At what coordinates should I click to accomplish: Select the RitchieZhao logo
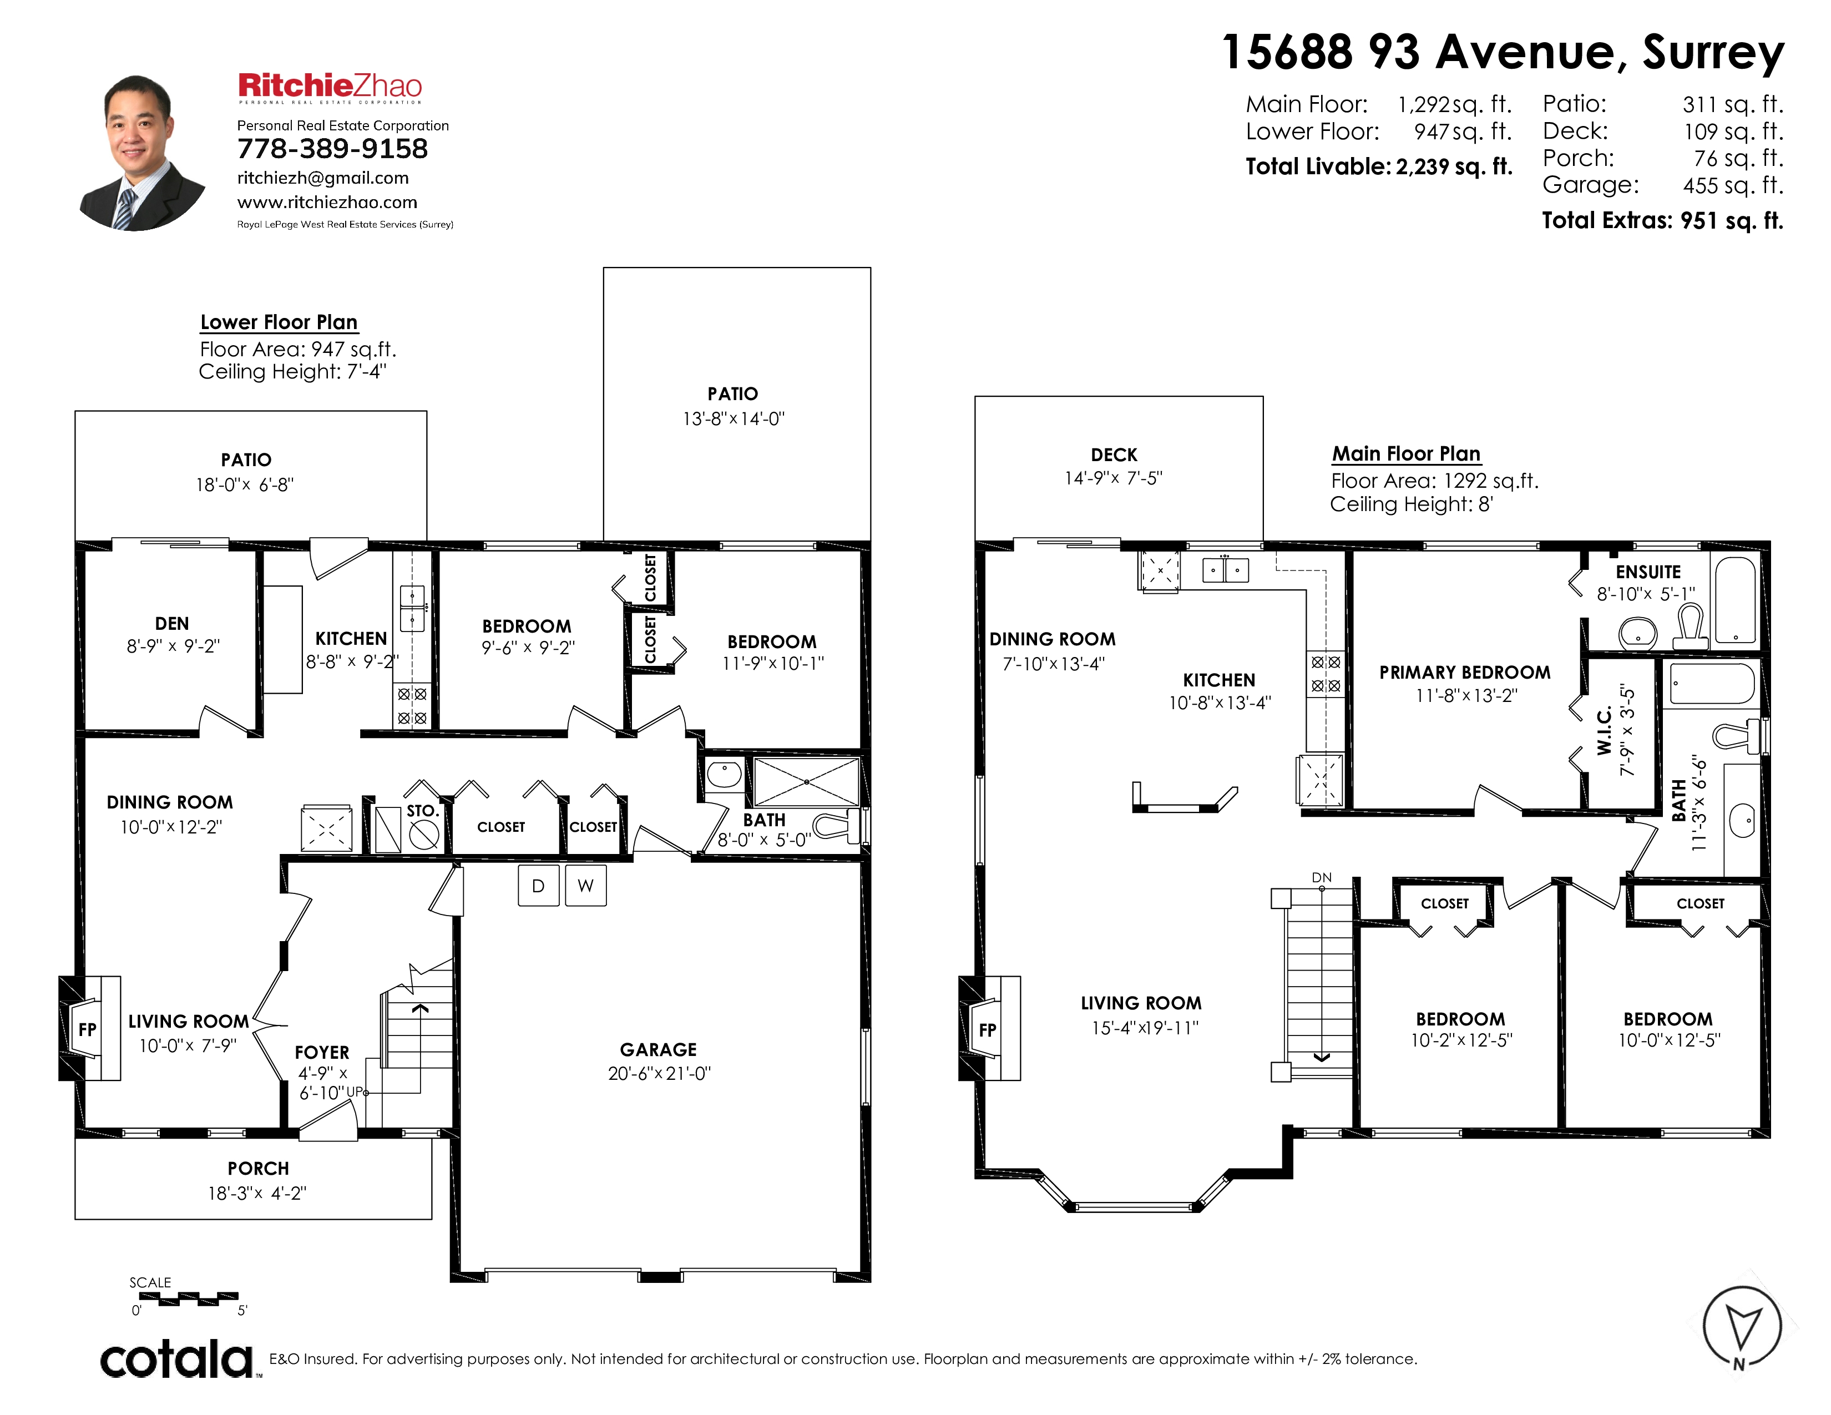pos(330,87)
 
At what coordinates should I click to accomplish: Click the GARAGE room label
pos(658,1049)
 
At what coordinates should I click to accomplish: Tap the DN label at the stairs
pos(1321,878)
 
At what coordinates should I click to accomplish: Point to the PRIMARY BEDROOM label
pos(1465,673)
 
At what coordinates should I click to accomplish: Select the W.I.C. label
pos(1604,731)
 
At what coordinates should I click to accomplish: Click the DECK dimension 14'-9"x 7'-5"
pos(1114,478)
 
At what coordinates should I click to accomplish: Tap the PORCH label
pos(258,1169)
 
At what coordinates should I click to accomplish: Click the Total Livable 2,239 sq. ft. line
pos(1379,167)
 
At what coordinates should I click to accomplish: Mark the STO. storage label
pos(423,811)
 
